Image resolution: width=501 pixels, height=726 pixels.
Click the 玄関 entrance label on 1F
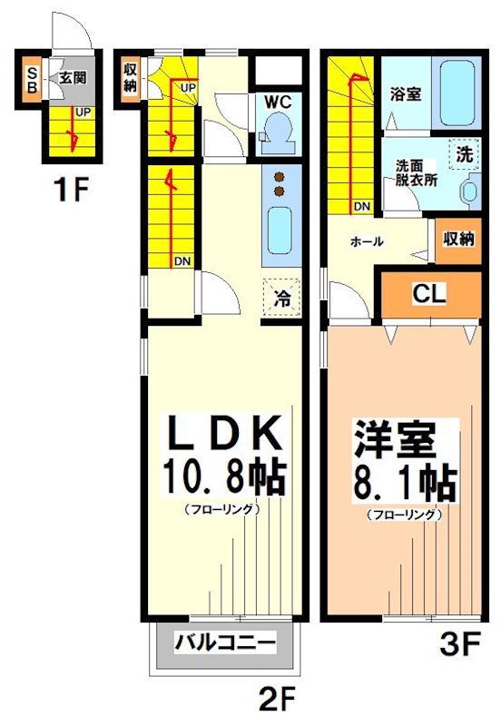pos(73,77)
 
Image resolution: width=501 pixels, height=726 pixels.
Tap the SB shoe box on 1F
pos(32,81)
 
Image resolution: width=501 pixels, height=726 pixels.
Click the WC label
pos(278,102)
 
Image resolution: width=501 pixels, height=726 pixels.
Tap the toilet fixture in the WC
pos(275,133)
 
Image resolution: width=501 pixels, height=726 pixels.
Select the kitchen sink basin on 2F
pos(279,230)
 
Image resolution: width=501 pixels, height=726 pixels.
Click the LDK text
pos(223,433)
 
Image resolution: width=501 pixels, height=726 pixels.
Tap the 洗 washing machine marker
pos(465,154)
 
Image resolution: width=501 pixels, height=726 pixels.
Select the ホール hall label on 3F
pos(367,241)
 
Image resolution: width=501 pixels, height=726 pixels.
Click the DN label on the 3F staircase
pos(361,206)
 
